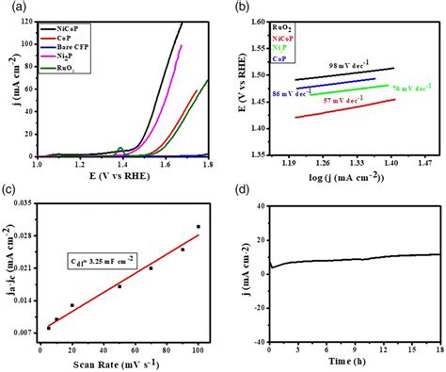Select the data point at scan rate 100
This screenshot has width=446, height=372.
pos(198,226)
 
